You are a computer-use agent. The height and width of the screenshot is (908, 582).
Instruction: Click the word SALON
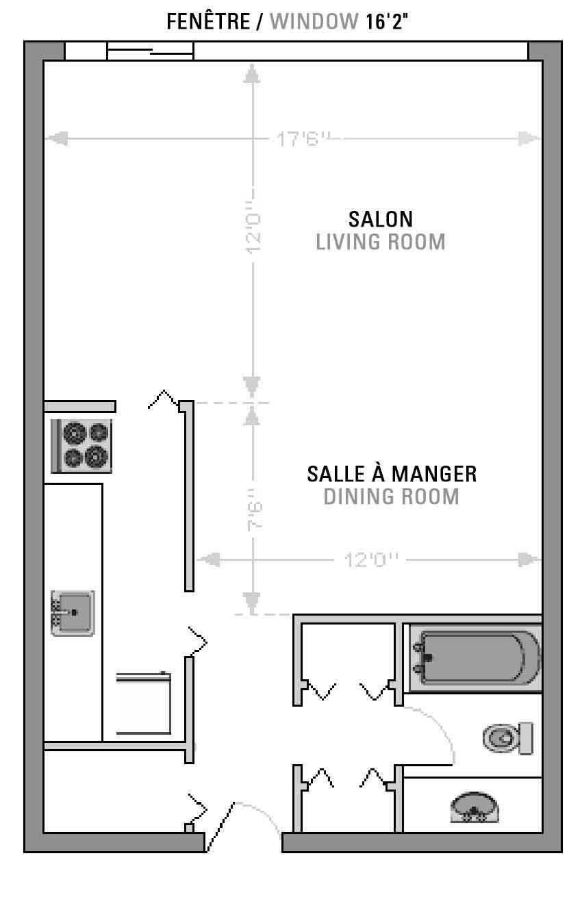[x=381, y=219]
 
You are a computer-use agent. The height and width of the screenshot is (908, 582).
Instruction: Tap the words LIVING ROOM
[x=381, y=242]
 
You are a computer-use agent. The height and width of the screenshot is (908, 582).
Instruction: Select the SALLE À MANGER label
[x=392, y=473]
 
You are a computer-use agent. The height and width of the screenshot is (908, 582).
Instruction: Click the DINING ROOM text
[x=392, y=496]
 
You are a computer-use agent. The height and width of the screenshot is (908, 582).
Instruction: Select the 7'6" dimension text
[x=255, y=509]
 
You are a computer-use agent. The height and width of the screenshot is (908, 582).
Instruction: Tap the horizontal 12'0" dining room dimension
[x=371, y=560]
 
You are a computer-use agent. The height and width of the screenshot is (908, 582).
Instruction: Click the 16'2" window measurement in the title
[x=386, y=21]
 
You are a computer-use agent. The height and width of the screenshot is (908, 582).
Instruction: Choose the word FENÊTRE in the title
[x=208, y=21]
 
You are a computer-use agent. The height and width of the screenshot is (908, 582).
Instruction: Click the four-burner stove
[x=81, y=446]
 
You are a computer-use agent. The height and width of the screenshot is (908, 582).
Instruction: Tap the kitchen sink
[x=73, y=613]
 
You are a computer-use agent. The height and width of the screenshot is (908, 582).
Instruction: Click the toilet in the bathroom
[x=508, y=738]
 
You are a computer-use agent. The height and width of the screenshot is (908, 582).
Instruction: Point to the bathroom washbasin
[x=475, y=807]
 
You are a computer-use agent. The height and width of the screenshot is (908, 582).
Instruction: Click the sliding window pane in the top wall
[x=150, y=51]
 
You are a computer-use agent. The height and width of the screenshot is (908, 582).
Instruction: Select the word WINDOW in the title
[x=314, y=21]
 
